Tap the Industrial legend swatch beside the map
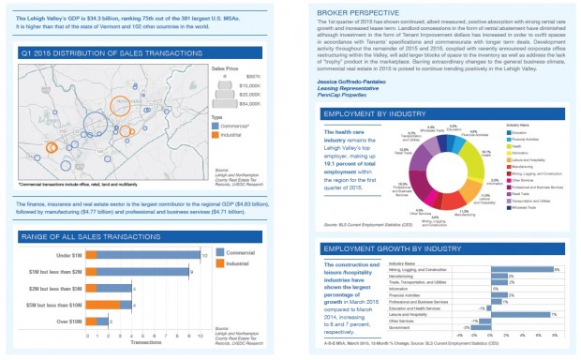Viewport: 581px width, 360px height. tap(216, 134)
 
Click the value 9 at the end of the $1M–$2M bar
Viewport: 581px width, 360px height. tap(191, 272)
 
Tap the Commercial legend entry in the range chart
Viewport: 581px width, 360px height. tap(236, 251)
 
